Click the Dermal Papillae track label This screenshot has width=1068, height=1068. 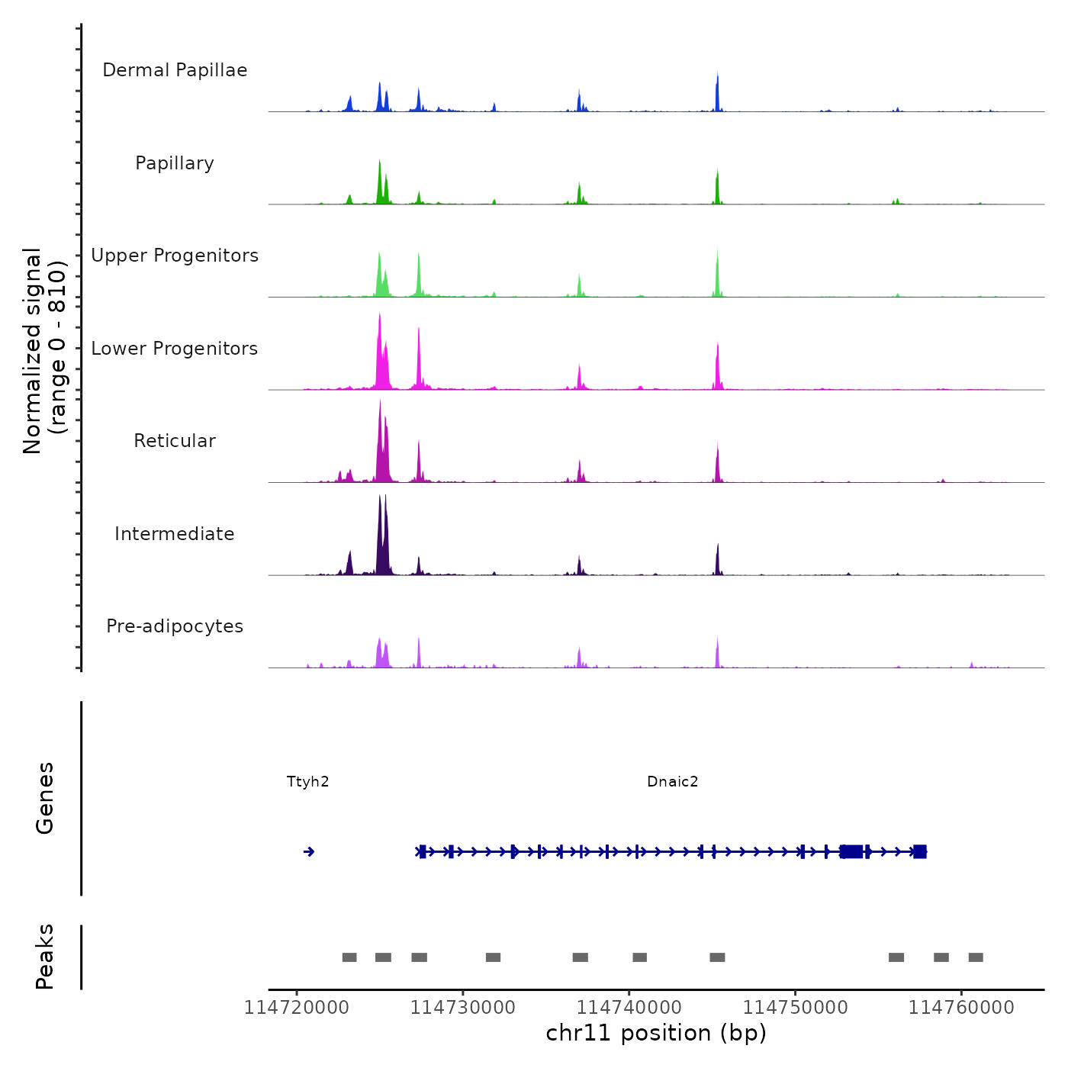click(x=175, y=70)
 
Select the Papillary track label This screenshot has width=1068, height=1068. click(x=175, y=163)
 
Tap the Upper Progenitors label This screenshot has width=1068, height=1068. click(x=175, y=256)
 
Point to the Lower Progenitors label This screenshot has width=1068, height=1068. click(x=175, y=349)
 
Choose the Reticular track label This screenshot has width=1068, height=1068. click(x=175, y=441)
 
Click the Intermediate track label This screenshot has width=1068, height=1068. click(x=175, y=534)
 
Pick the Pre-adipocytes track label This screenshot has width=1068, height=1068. click(x=175, y=626)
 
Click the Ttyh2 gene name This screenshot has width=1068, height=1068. click(x=307, y=782)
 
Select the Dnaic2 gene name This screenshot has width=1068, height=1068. click(x=672, y=782)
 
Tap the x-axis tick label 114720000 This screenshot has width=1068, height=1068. click(x=297, y=1008)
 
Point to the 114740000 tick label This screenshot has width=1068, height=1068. click(x=629, y=1008)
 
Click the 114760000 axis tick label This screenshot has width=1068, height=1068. click(x=961, y=1008)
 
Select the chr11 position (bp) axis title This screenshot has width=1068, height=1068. click(x=656, y=1034)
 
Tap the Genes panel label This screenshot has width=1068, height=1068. click(x=45, y=798)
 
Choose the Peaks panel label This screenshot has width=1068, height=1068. click(x=45, y=957)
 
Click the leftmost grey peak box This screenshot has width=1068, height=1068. click(x=349, y=957)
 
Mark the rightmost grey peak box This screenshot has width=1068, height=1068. click(x=976, y=957)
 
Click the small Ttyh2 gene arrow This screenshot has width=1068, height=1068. click(x=309, y=851)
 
